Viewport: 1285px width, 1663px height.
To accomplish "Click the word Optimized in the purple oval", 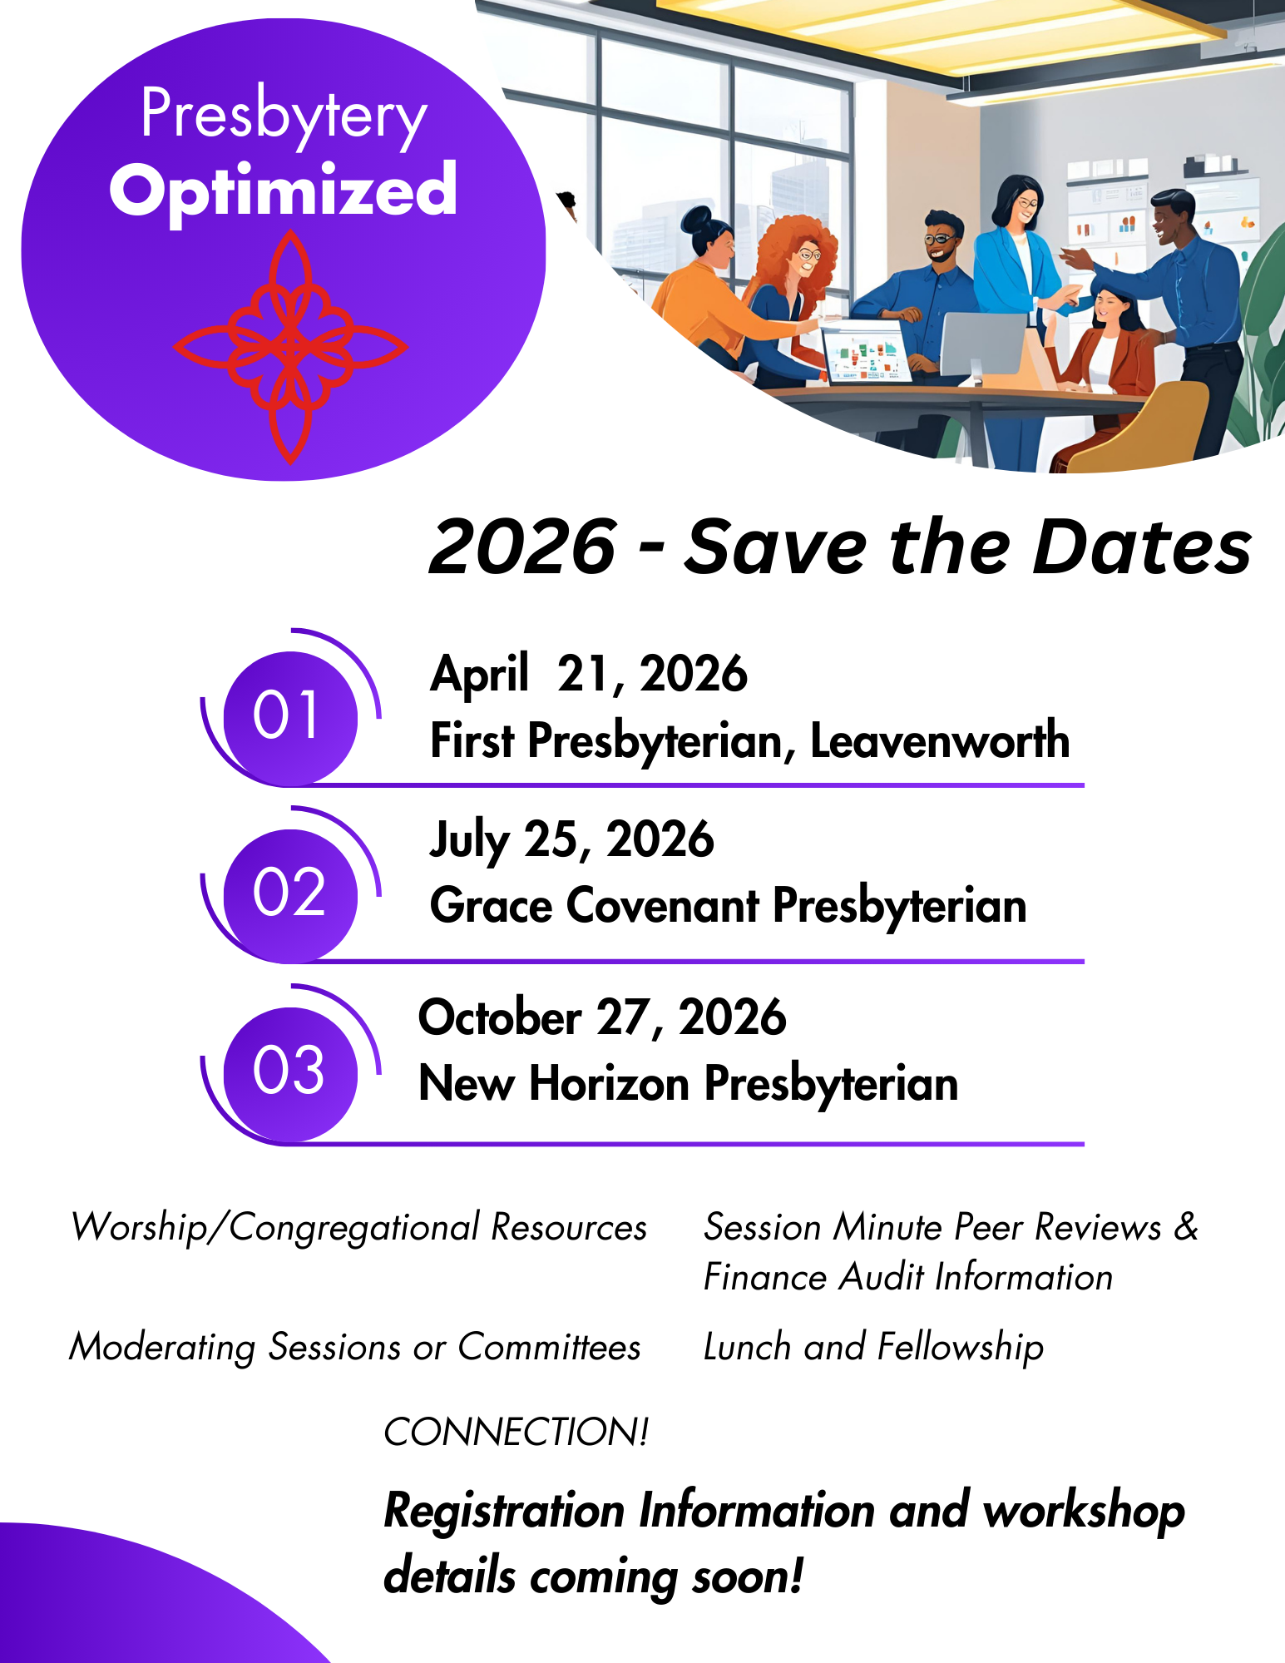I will pos(283,191).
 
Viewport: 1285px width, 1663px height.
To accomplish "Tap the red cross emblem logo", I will pos(290,347).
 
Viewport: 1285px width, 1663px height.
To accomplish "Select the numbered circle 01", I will pos(289,715).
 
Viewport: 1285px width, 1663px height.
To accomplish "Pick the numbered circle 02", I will pos(289,893).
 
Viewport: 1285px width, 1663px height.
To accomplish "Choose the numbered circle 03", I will pos(289,1072).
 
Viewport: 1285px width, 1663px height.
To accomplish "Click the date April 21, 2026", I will pos(588,674).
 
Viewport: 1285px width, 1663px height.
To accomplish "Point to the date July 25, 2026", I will pos(571,839).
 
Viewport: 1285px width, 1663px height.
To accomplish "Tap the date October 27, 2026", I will pos(601,1017).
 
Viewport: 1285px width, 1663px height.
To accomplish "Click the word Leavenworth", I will pos(939,740).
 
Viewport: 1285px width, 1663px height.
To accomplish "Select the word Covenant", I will pos(662,906).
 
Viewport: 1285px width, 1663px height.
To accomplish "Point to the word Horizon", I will pos(610,1084).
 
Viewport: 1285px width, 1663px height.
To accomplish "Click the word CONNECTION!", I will pos(516,1433).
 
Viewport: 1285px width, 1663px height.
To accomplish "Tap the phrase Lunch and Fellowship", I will pos(873,1347).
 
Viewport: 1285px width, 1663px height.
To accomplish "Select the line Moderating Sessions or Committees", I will pos(355,1347).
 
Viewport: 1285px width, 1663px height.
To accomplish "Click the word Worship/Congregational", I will pos(275,1228).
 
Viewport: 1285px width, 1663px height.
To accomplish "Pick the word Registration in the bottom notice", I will pos(504,1511).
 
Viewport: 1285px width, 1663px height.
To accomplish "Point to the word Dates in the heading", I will pos(1141,547).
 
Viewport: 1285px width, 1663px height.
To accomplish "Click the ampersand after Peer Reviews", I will pos(1186,1227).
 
